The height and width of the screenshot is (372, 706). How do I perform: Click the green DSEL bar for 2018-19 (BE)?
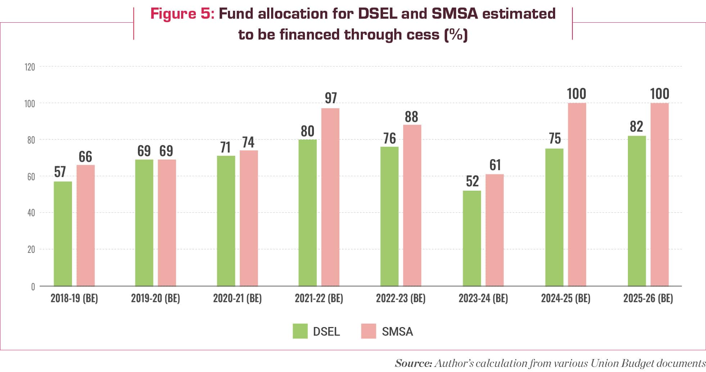tap(63, 234)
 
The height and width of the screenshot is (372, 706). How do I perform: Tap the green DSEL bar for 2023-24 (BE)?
tap(472, 238)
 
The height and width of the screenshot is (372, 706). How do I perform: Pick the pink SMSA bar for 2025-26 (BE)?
tap(659, 195)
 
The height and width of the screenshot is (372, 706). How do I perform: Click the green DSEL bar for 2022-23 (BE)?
tap(390, 216)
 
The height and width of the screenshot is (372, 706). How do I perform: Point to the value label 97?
tap(330, 98)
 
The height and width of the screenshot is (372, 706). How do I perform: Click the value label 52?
tap(472, 181)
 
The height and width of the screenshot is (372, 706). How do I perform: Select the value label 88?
tap(411, 117)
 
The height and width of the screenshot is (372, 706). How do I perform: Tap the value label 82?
tap(636, 127)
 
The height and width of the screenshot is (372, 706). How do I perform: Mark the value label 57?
tap(60, 172)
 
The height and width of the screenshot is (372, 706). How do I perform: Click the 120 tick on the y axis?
tap(30, 67)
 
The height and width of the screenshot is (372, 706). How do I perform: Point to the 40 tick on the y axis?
tap(31, 213)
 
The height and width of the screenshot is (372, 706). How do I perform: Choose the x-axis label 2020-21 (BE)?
tap(237, 298)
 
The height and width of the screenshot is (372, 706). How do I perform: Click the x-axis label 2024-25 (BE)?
tap(565, 298)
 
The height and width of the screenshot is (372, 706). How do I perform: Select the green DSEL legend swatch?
tap(300, 331)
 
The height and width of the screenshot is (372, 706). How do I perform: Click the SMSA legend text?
tap(397, 331)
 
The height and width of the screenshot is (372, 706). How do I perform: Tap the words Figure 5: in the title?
tap(182, 14)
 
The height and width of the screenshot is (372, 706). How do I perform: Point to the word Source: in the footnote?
tap(413, 363)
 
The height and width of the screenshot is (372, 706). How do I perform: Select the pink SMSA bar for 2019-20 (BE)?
tap(167, 223)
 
